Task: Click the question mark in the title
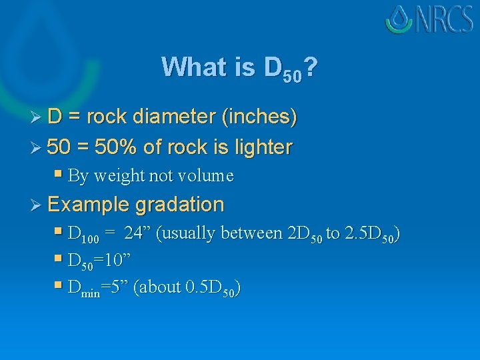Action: [x=310, y=67]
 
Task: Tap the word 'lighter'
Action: [x=259, y=147]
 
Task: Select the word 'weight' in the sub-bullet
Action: [x=117, y=176]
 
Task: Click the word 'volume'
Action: [x=206, y=176]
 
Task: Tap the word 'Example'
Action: [x=89, y=204]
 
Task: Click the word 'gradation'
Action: [x=179, y=204]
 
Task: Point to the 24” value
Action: [x=137, y=233]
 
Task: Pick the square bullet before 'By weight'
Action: [x=59, y=175]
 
